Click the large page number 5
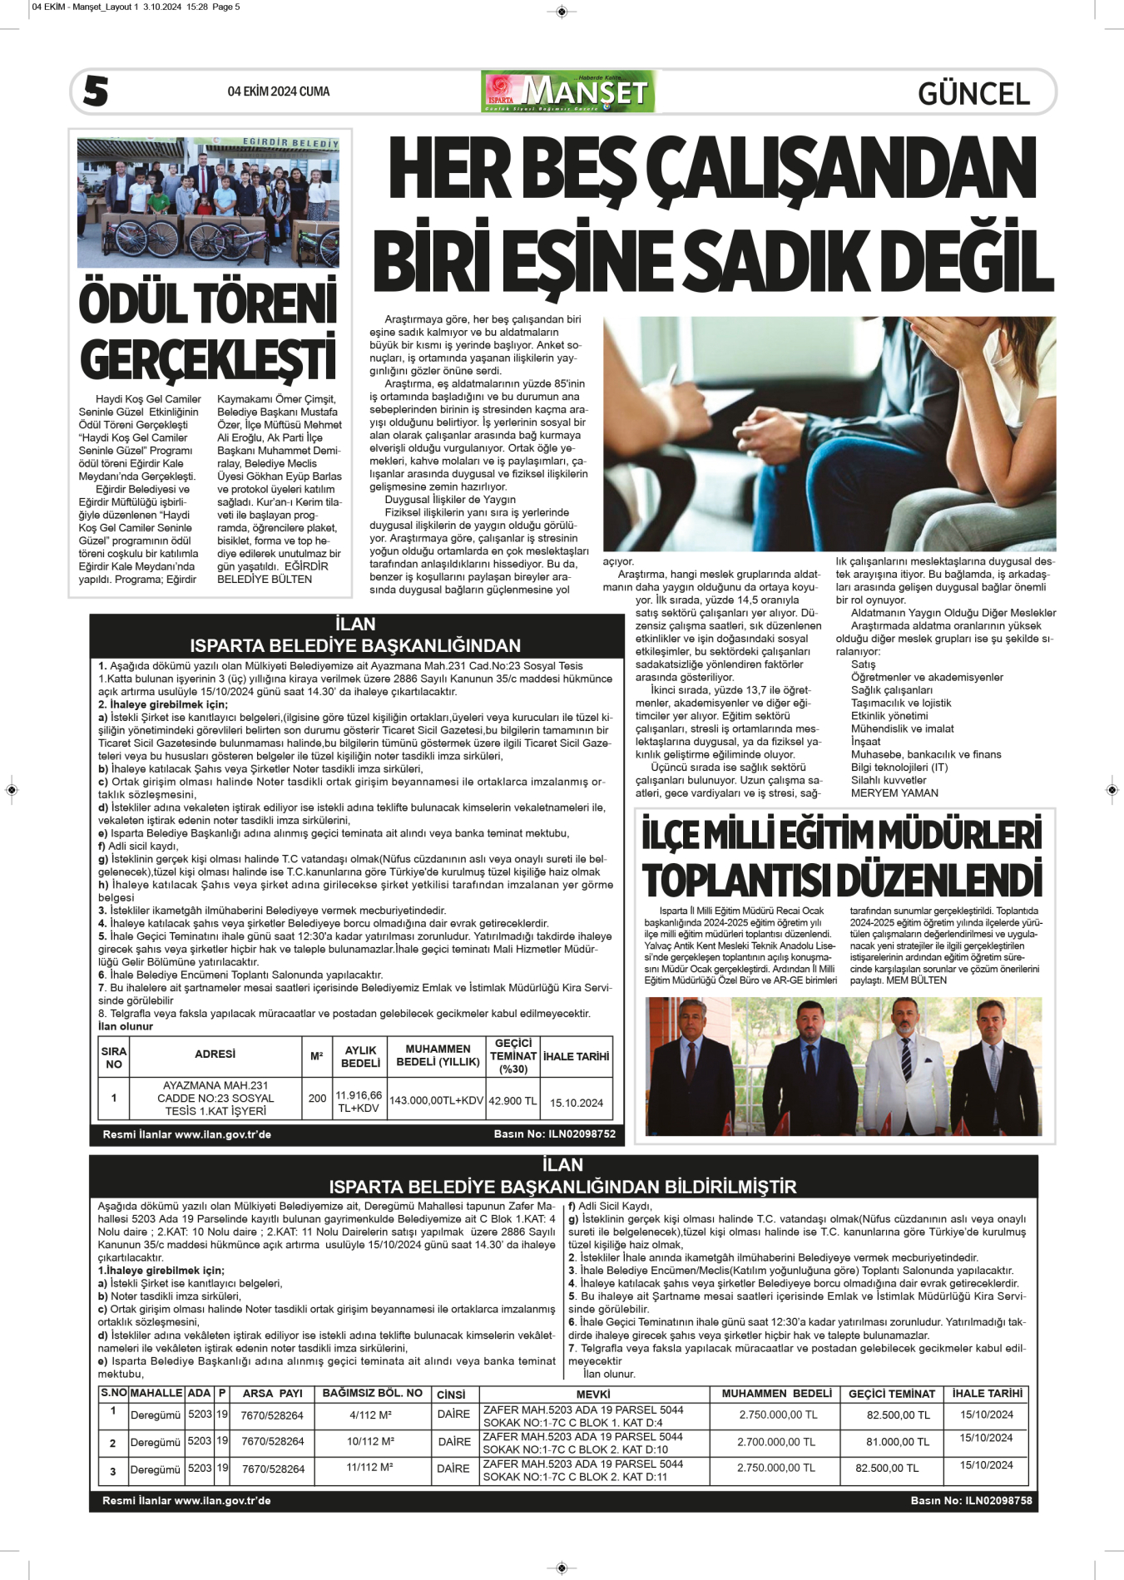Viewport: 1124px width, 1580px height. pos(96,91)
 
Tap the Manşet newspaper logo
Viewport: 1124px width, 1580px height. pos(568,91)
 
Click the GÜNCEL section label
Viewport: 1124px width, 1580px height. pos(973,93)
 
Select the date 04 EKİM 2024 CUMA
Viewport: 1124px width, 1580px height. pos(279,91)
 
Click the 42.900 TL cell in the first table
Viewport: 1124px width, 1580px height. pos(512,1100)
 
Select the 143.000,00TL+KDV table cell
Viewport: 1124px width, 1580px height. pos(436,1100)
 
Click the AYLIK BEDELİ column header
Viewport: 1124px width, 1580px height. pos(360,1056)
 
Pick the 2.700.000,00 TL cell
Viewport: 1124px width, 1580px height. pos(776,1442)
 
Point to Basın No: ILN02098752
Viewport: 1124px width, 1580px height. pos(554,1134)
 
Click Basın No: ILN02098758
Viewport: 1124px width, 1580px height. pos(971,1501)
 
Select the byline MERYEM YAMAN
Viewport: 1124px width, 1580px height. pos(894,792)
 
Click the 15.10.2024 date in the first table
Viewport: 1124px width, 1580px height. pos(577,1103)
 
